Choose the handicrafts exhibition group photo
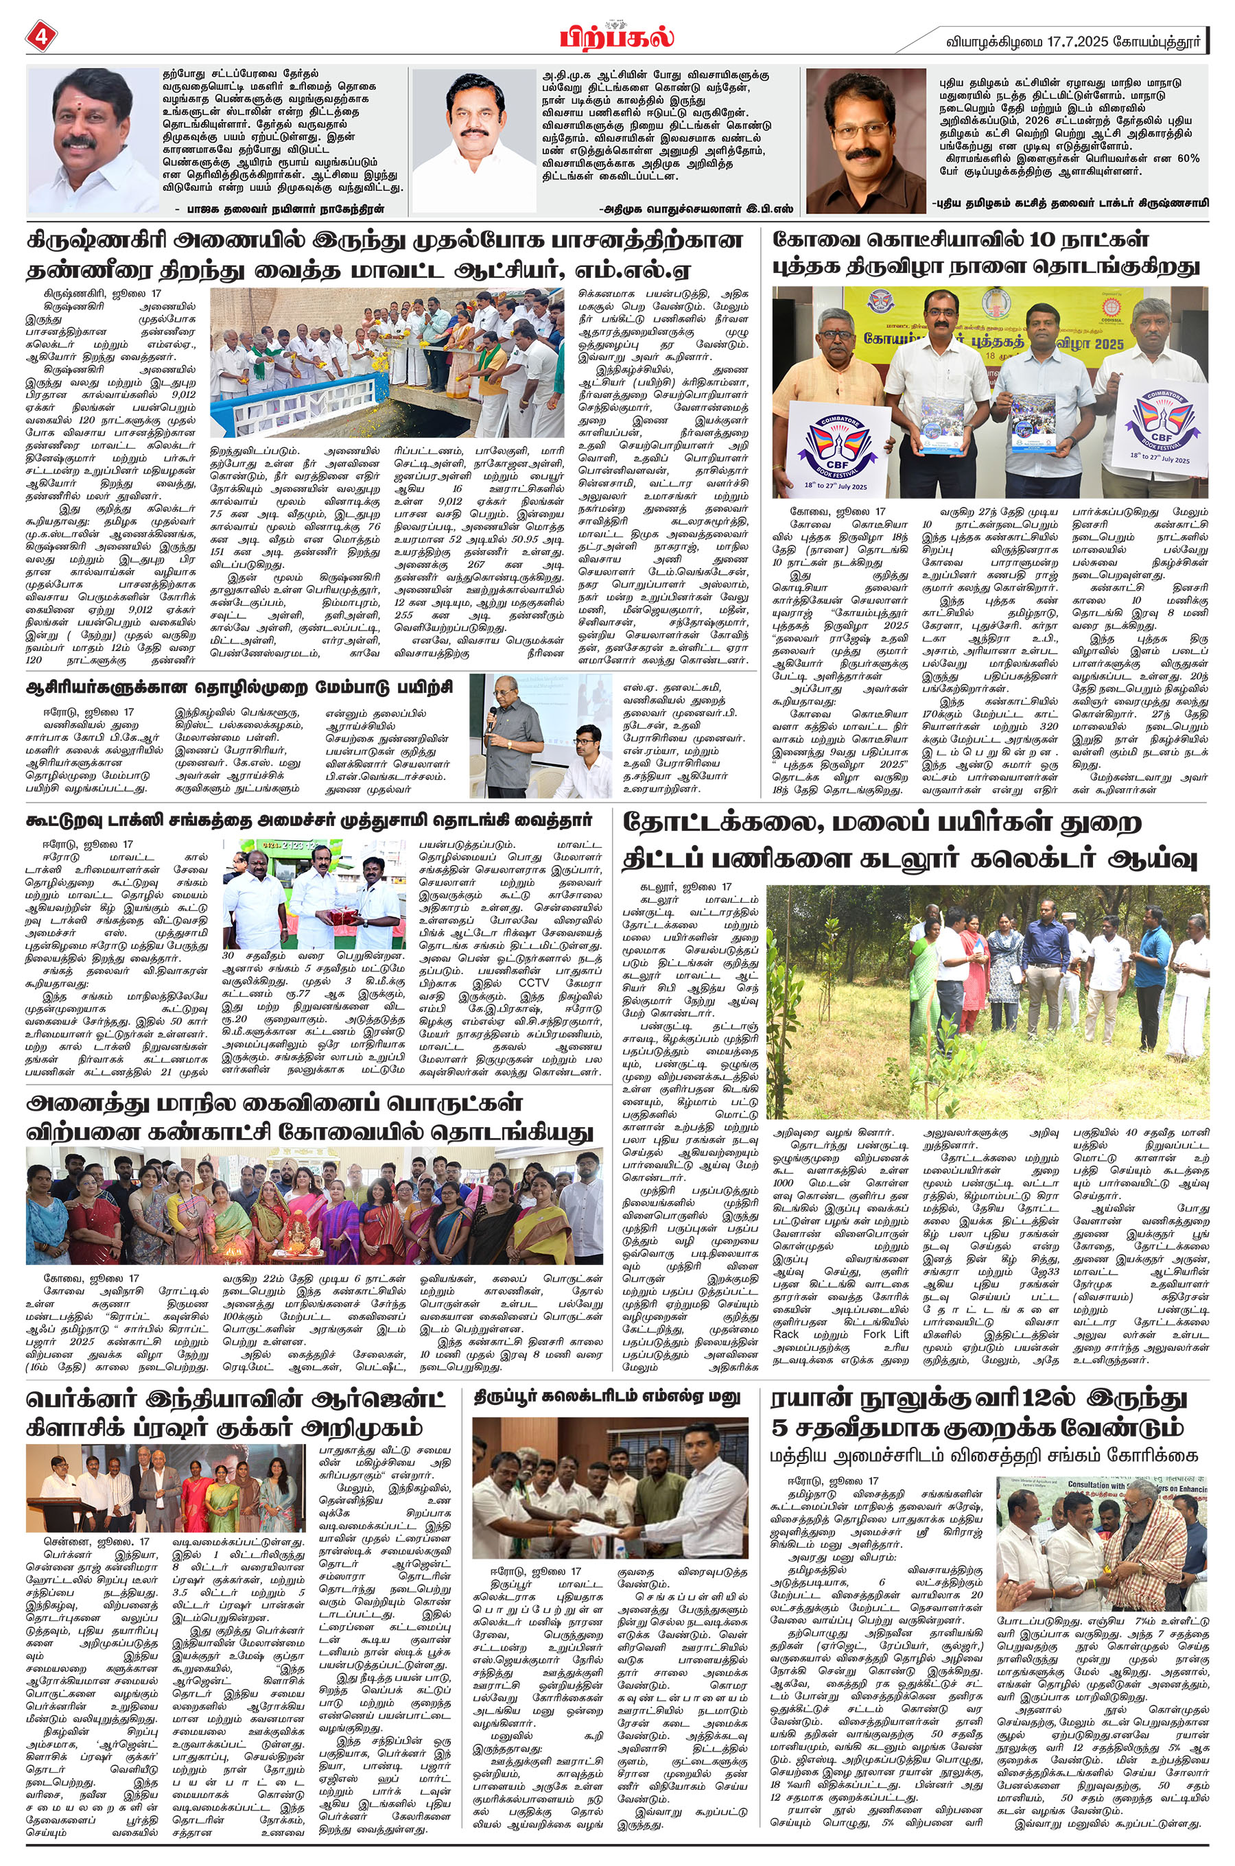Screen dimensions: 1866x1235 click(x=314, y=1207)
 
